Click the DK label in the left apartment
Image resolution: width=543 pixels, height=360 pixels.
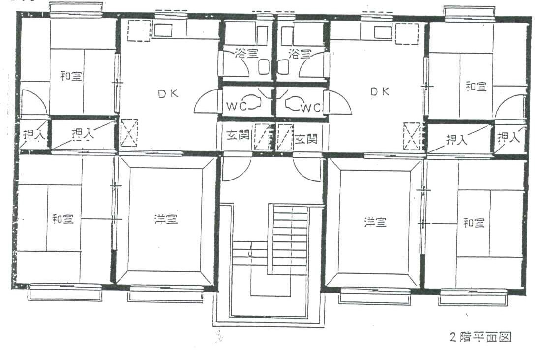168,93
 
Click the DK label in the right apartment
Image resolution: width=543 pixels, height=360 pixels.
380,91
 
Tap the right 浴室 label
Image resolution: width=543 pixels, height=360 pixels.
300,53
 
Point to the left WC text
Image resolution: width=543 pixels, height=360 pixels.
236,106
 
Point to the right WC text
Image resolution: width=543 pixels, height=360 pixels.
310,108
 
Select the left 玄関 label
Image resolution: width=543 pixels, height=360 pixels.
238,135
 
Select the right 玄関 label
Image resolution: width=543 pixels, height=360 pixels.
306,139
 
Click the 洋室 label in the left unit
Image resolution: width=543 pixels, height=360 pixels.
166,219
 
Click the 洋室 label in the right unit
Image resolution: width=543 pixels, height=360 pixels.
375,222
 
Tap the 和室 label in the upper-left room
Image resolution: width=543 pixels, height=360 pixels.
71,75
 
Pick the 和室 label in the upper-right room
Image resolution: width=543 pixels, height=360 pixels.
476,86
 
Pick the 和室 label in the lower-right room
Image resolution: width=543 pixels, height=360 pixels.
474,222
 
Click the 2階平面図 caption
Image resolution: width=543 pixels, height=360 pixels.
480,337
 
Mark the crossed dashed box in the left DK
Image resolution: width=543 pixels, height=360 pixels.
129,133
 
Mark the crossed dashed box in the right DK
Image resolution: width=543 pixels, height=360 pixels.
412,137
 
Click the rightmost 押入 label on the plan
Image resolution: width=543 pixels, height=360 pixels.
509,137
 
